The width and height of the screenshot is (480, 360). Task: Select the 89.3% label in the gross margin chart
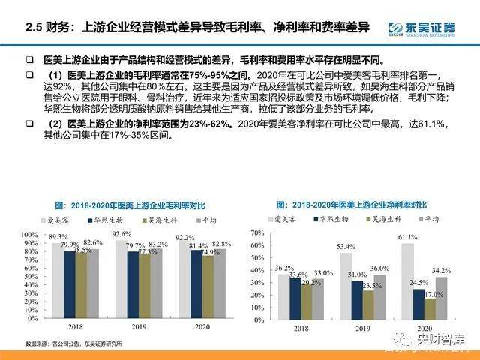tap(58, 236)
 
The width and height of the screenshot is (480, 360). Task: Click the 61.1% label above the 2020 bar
tap(406, 236)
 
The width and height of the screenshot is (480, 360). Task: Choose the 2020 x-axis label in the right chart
tap(425, 328)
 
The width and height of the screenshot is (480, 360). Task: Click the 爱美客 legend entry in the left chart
tap(70, 219)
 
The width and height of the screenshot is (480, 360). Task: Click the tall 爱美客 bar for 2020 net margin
tap(407, 279)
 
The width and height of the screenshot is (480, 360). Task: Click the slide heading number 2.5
tap(33, 28)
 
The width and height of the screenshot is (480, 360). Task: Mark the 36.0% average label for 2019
tap(380, 268)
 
